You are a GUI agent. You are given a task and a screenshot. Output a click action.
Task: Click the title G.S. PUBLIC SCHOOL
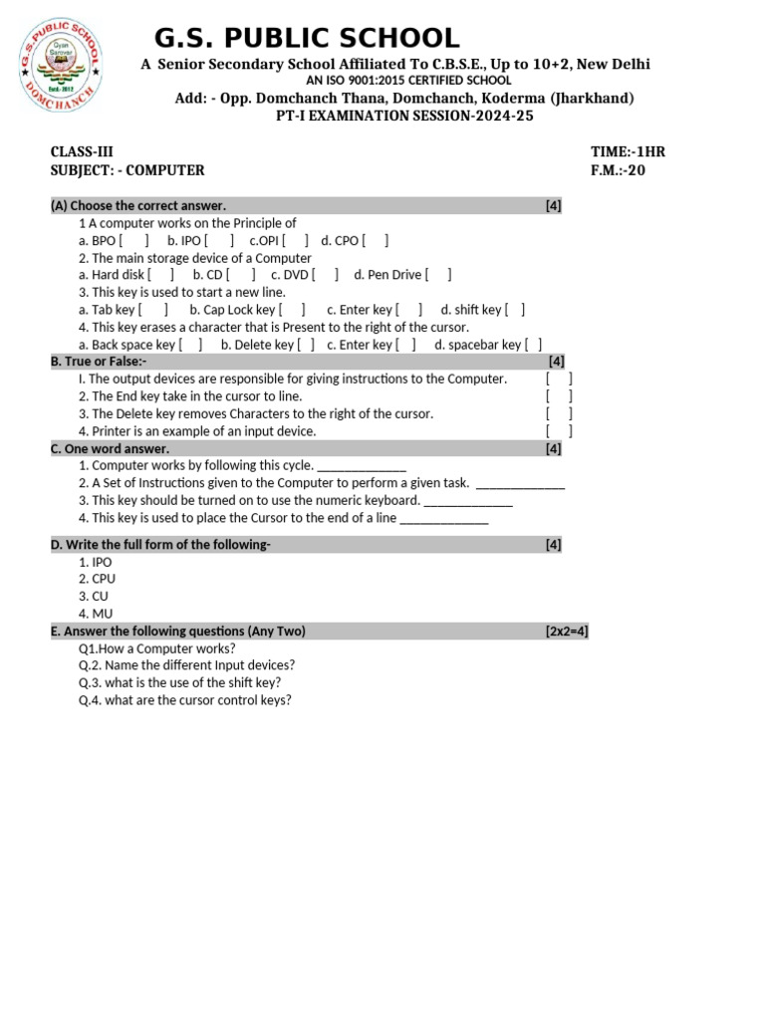[x=307, y=39]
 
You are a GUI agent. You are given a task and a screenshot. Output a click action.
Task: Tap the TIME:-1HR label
[x=628, y=152]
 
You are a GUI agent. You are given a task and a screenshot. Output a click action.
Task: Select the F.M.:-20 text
[x=618, y=170]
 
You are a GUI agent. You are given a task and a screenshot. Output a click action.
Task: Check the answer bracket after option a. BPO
[x=133, y=241]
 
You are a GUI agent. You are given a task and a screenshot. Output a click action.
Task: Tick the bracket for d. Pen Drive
[x=437, y=276]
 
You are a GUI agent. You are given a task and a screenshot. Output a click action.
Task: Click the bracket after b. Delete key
[x=306, y=346]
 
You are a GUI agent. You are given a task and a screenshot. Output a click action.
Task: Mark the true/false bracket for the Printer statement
[x=559, y=431]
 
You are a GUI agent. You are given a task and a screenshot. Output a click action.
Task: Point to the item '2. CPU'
[x=98, y=579]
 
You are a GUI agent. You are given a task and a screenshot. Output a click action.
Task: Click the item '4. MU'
[x=96, y=614]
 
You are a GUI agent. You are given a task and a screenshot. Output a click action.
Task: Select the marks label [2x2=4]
[x=567, y=632]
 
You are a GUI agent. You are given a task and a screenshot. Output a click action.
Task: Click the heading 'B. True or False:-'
[x=99, y=362]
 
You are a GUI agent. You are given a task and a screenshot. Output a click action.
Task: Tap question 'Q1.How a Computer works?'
[x=157, y=648]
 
